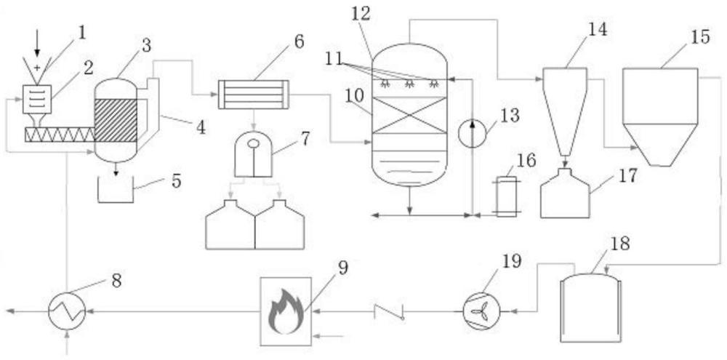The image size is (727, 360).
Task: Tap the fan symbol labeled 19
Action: tap(481, 312)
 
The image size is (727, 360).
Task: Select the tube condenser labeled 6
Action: tap(253, 95)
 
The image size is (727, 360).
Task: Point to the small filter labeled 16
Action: tap(507, 195)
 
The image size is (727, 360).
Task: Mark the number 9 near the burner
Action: tap(342, 267)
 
